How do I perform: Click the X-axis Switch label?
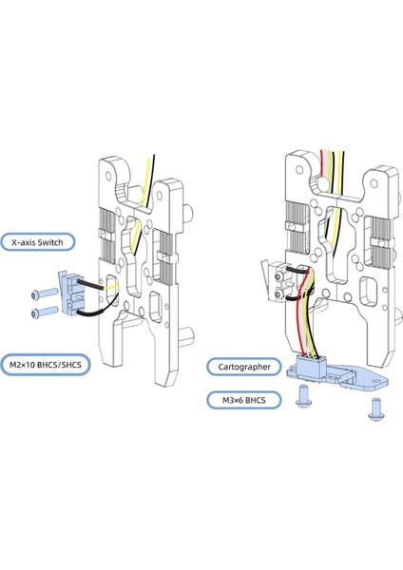[x=37, y=243]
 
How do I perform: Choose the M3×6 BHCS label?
[x=239, y=400]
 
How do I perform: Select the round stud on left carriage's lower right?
[x=192, y=333]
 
